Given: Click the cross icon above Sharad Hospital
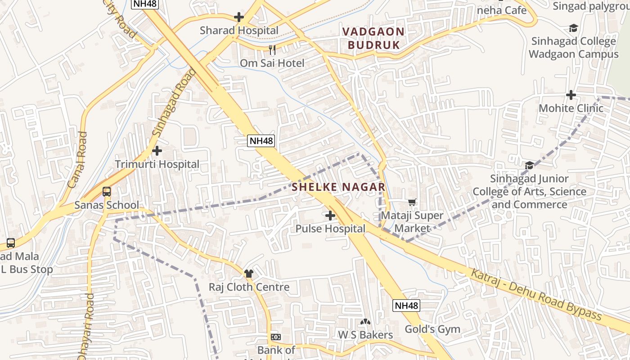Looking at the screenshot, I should tap(239, 18).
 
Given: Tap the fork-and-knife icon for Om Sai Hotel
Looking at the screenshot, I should tap(272, 49).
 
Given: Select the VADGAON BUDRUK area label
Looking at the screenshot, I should tap(373, 38).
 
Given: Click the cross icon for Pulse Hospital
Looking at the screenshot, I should tap(330, 216).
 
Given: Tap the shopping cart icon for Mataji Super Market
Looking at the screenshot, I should tap(412, 202).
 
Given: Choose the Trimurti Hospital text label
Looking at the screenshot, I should tap(157, 164).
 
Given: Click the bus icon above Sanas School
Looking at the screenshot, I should tap(107, 192).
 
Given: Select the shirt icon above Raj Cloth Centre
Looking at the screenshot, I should tap(249, 273).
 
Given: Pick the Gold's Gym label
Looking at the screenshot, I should tap(432, 329).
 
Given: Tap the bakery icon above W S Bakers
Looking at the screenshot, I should tap(365, 322).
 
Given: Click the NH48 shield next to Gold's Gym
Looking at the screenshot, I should tap(407, 306).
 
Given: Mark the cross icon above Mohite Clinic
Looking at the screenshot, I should tap(571, 95).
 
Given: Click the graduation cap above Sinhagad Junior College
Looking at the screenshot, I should tap(529, 165).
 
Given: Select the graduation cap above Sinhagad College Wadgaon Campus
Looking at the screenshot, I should tap(573, 28).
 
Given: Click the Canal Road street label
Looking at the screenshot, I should tap(77, 160).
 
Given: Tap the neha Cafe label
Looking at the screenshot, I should tap(502, 10).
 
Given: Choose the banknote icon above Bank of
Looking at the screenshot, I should tap(276, 337).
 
